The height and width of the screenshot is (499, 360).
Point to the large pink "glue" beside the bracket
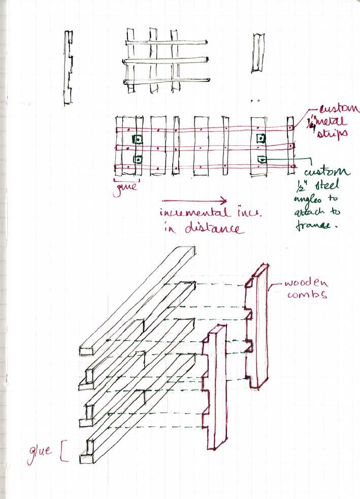[x=40, y=451]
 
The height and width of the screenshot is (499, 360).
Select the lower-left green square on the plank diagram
[x=137, y=159]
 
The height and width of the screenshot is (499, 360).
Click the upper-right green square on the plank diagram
[x=261, y=138]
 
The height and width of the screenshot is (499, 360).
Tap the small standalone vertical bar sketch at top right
[x=257, y=52]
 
